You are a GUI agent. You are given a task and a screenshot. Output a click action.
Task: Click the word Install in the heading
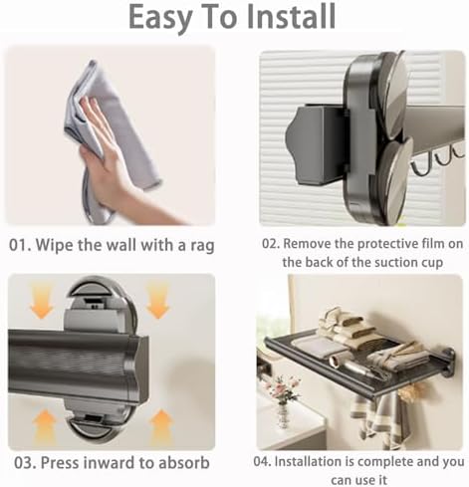pyautogui.click(x=291, y=16)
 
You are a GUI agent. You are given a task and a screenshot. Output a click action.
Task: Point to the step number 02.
pyautogui.click(x=271, y=244)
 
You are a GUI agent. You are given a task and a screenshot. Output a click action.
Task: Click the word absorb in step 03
pyautogui.click(x=184, y=462)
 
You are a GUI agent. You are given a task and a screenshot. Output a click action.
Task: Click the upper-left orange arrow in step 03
pyautogui.click(x=42, y=302)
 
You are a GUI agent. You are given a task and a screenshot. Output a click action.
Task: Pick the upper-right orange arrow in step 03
pyautogui.click(x=158, y=301)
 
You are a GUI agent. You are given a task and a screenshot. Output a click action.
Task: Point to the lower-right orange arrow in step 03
pyautogui.click(x=161, y=426)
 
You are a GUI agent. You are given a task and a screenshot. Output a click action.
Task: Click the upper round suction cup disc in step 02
pyautogui.click(x=395, y=95)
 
